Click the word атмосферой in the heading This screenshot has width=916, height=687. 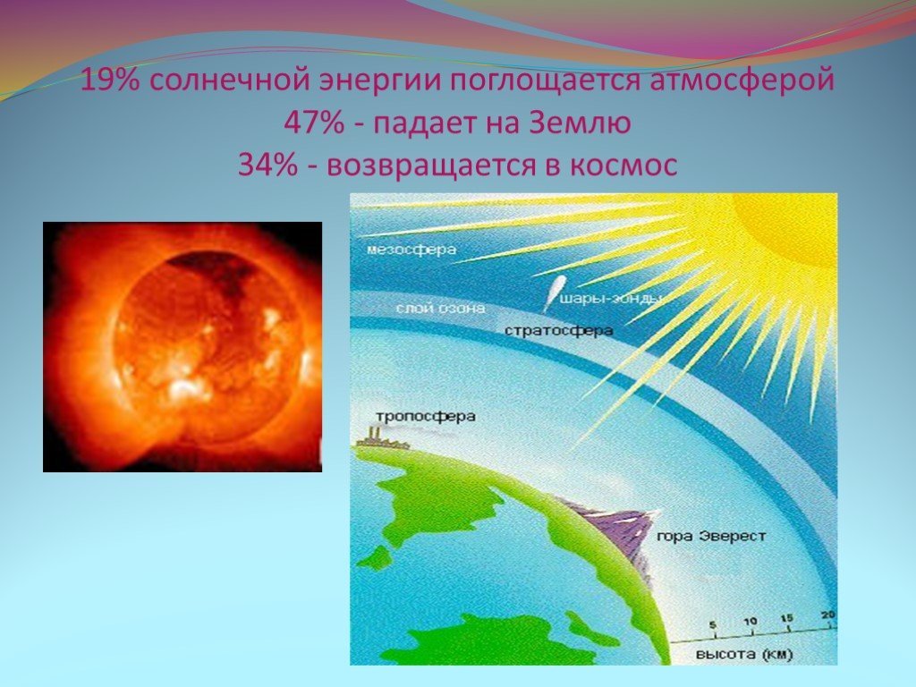pyautogui.click(x=742, y=81)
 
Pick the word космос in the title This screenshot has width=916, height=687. pyautogui.click(x=623, y=165)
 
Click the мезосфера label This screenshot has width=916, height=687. pyautogui.click(x=411, y=250)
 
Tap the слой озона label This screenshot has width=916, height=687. pyautogui.click(x=440, y=308)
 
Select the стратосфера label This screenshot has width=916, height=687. pyautogui.click(x=558, y=331)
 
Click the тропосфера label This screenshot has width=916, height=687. pyautogui.click(x=425, y=417)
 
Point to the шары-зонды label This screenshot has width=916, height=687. pyautogui.click(x=611, y=300)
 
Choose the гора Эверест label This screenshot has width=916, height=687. pyautogui.click(x=711, y=536)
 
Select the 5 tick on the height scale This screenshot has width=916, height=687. pyautogui.click(x=713, y=625)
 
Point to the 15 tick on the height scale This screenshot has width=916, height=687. pyautogui.click(x=787, y=619)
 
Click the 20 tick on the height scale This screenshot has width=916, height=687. pyautogui.click(x=827, y=615)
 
